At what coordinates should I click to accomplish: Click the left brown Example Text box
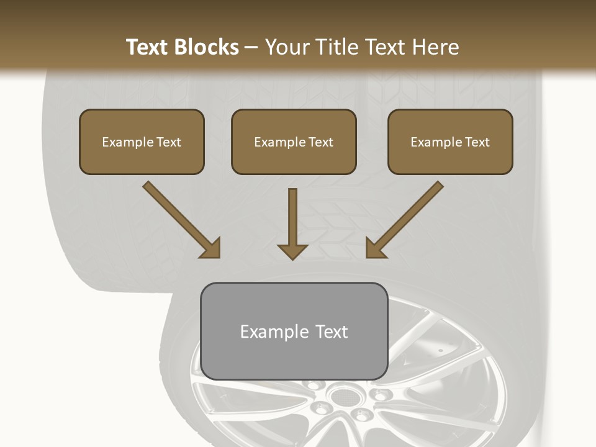[142, 142]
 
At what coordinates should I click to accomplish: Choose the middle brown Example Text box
[294, 142]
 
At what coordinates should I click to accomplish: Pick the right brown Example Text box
[450, 142]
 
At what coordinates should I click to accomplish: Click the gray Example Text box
[294, 331]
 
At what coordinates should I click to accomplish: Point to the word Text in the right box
[477, 142]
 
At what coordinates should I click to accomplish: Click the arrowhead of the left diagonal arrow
[210, 248]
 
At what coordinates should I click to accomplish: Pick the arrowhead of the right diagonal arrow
[375, 248]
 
